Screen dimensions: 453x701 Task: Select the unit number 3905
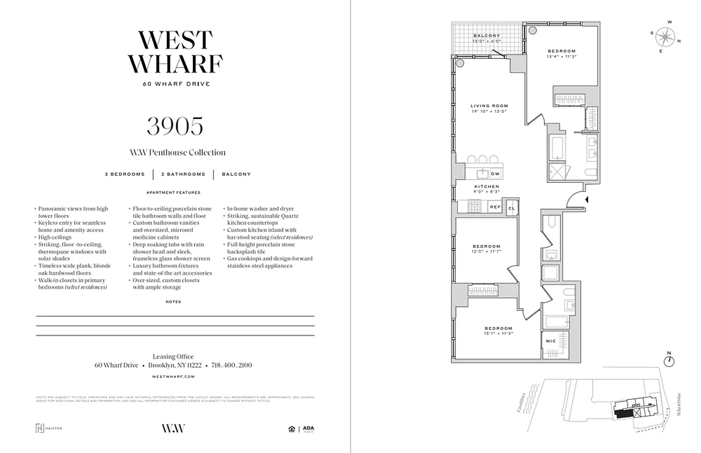[175, 126]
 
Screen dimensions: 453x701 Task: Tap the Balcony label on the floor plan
[487, 36]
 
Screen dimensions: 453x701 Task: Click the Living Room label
[489, 106]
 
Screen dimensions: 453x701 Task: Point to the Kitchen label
[487, 186]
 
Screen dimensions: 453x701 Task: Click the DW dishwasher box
[495, 174]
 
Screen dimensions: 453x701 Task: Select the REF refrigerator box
[495, 207]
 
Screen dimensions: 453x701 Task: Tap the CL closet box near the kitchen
[511, 208]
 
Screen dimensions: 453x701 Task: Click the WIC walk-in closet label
[550, 341]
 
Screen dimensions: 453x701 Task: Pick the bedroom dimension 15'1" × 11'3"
[498, 334]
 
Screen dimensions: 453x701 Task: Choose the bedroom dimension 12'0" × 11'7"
[487, 251]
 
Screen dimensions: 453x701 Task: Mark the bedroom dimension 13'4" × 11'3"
[561, 56]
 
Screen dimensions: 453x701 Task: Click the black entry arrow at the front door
[587, 199]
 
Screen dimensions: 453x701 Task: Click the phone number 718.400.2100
[231, 365]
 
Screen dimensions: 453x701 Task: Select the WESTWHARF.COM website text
[174, 376]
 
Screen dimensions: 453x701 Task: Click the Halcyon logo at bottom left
[49, 428]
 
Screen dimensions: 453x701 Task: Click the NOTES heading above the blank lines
[174, 302]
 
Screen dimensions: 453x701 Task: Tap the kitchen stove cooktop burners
[474, 208]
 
